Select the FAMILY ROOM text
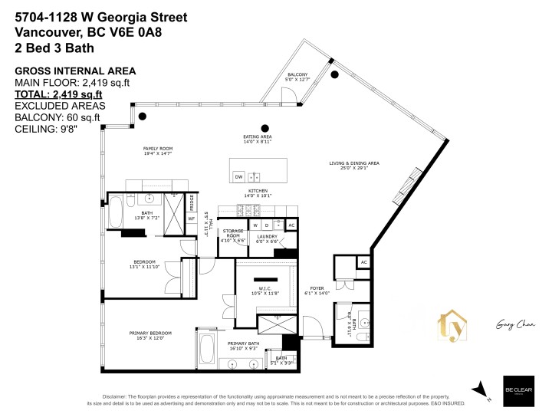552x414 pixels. click(158, 150)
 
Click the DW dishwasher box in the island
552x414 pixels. click(238, 176)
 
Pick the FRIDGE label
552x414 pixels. click(192, 202)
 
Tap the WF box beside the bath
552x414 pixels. click(192, 219)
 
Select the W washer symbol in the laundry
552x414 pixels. click(255, 225)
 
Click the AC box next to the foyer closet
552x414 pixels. click(364, 262)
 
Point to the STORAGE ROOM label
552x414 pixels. click(232, 235)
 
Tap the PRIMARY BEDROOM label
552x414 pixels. click(150, 335)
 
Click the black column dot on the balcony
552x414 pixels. click(334, 74)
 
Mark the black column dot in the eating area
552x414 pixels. click(264, 128)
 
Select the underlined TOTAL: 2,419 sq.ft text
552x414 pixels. click(59, 95)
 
